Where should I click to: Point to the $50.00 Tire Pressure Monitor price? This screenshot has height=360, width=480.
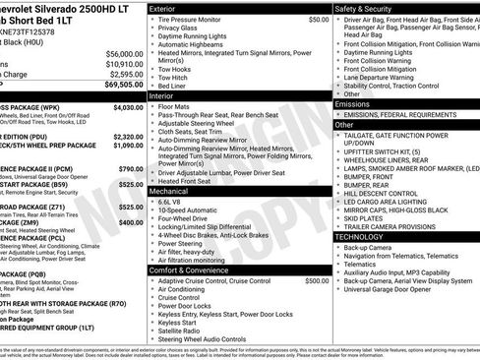(x=318, y=19)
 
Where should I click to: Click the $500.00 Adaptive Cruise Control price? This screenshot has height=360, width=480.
(x=316, y=280)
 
